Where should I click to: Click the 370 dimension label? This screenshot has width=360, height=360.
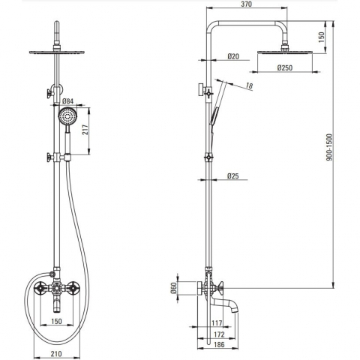(247, 4)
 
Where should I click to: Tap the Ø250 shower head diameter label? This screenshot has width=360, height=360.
(285, 67)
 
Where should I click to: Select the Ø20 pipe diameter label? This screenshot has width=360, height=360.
(233, 56)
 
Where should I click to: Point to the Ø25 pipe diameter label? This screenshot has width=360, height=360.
(233, 176)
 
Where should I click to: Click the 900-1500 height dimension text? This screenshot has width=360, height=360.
(330, 147)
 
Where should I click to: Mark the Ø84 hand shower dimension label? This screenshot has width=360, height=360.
(67, 101)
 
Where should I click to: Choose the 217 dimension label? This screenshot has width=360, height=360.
(85, 130)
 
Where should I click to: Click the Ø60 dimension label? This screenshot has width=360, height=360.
(173, 288)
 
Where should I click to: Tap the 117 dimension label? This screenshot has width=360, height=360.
(217, 323)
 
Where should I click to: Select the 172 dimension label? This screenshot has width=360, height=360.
(219, 334)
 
